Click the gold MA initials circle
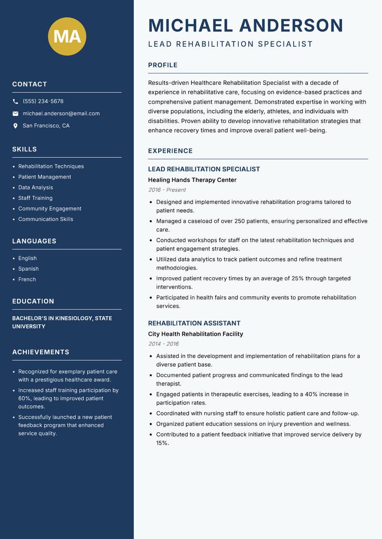coord(67,36)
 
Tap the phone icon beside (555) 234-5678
coord(15,102)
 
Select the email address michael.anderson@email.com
coord(61,114)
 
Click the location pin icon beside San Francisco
coord(15,126)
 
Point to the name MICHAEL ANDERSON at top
coord(245,25)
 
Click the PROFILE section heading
coord(163,65)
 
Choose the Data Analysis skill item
coord(36,187)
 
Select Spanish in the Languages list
coord(28,269)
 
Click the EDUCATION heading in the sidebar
coord(33,301)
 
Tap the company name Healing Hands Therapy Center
coord(192,180)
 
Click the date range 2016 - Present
coord(167,190)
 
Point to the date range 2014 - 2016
coord(163,344)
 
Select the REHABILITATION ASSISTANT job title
coord(194,323)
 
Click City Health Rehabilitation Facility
coord(195,334)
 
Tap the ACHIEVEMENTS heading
coord(41,352)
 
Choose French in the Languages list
coord(27,279)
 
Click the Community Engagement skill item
coord(50,208)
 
